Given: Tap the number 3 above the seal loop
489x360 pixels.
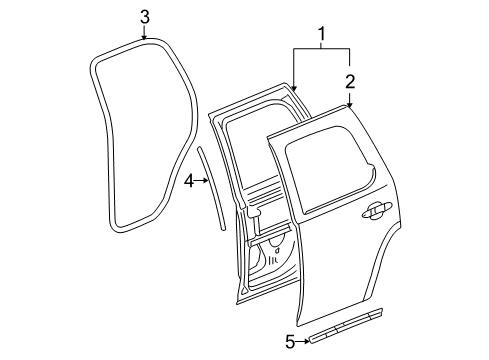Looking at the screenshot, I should pyautogui.click(x=145, y=16).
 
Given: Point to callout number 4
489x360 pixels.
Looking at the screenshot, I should pyautogui.click(x=189, y=181).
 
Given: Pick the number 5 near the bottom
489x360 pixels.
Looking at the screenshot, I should pyautogui.click(x=290, y=343).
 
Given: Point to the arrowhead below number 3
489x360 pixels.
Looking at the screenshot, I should pyautogui.click(x=145, y=37).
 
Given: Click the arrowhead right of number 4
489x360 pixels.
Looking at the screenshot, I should pyautogui.click(x=207, y=181).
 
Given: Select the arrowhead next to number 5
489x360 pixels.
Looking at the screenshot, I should pyautogui.click(x=306, y=342).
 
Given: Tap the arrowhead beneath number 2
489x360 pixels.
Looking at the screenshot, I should pyautogui.click(x=350, y=104).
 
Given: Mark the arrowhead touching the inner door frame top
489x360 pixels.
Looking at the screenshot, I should pyautogui.click(x=294, y=90).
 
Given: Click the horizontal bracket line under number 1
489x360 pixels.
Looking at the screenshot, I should pyautogui.click(x=321, y=49).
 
